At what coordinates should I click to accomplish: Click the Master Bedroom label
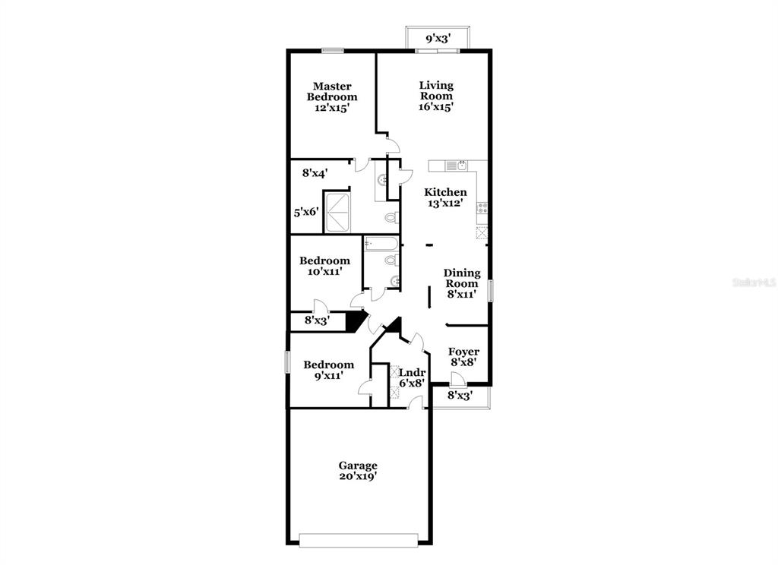[x=332, y=96]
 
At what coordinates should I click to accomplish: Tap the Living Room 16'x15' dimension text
[x=436, y=107]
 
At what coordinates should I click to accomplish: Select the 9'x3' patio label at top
[x=438, y=37]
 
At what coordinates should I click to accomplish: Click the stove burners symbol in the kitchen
[x=482, y=207]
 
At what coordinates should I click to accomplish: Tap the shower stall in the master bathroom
[x=339, y=212]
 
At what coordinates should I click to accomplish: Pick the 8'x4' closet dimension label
[x=315, y=173]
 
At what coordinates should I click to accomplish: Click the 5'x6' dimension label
[x=306, y=213]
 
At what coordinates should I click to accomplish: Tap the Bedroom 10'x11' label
[x=324, y=265]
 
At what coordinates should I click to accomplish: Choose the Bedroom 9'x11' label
[x=328, y=370]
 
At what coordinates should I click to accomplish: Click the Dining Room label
[x=461, y=283]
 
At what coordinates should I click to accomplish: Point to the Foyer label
[x=463, y=357]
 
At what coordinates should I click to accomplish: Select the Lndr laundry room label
[x=413, y=377]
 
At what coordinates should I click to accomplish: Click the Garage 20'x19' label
[x=358, y=471]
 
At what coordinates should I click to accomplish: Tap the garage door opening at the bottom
[x=359, y=540]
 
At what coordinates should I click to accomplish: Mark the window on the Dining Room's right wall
[x=490, y=290]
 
